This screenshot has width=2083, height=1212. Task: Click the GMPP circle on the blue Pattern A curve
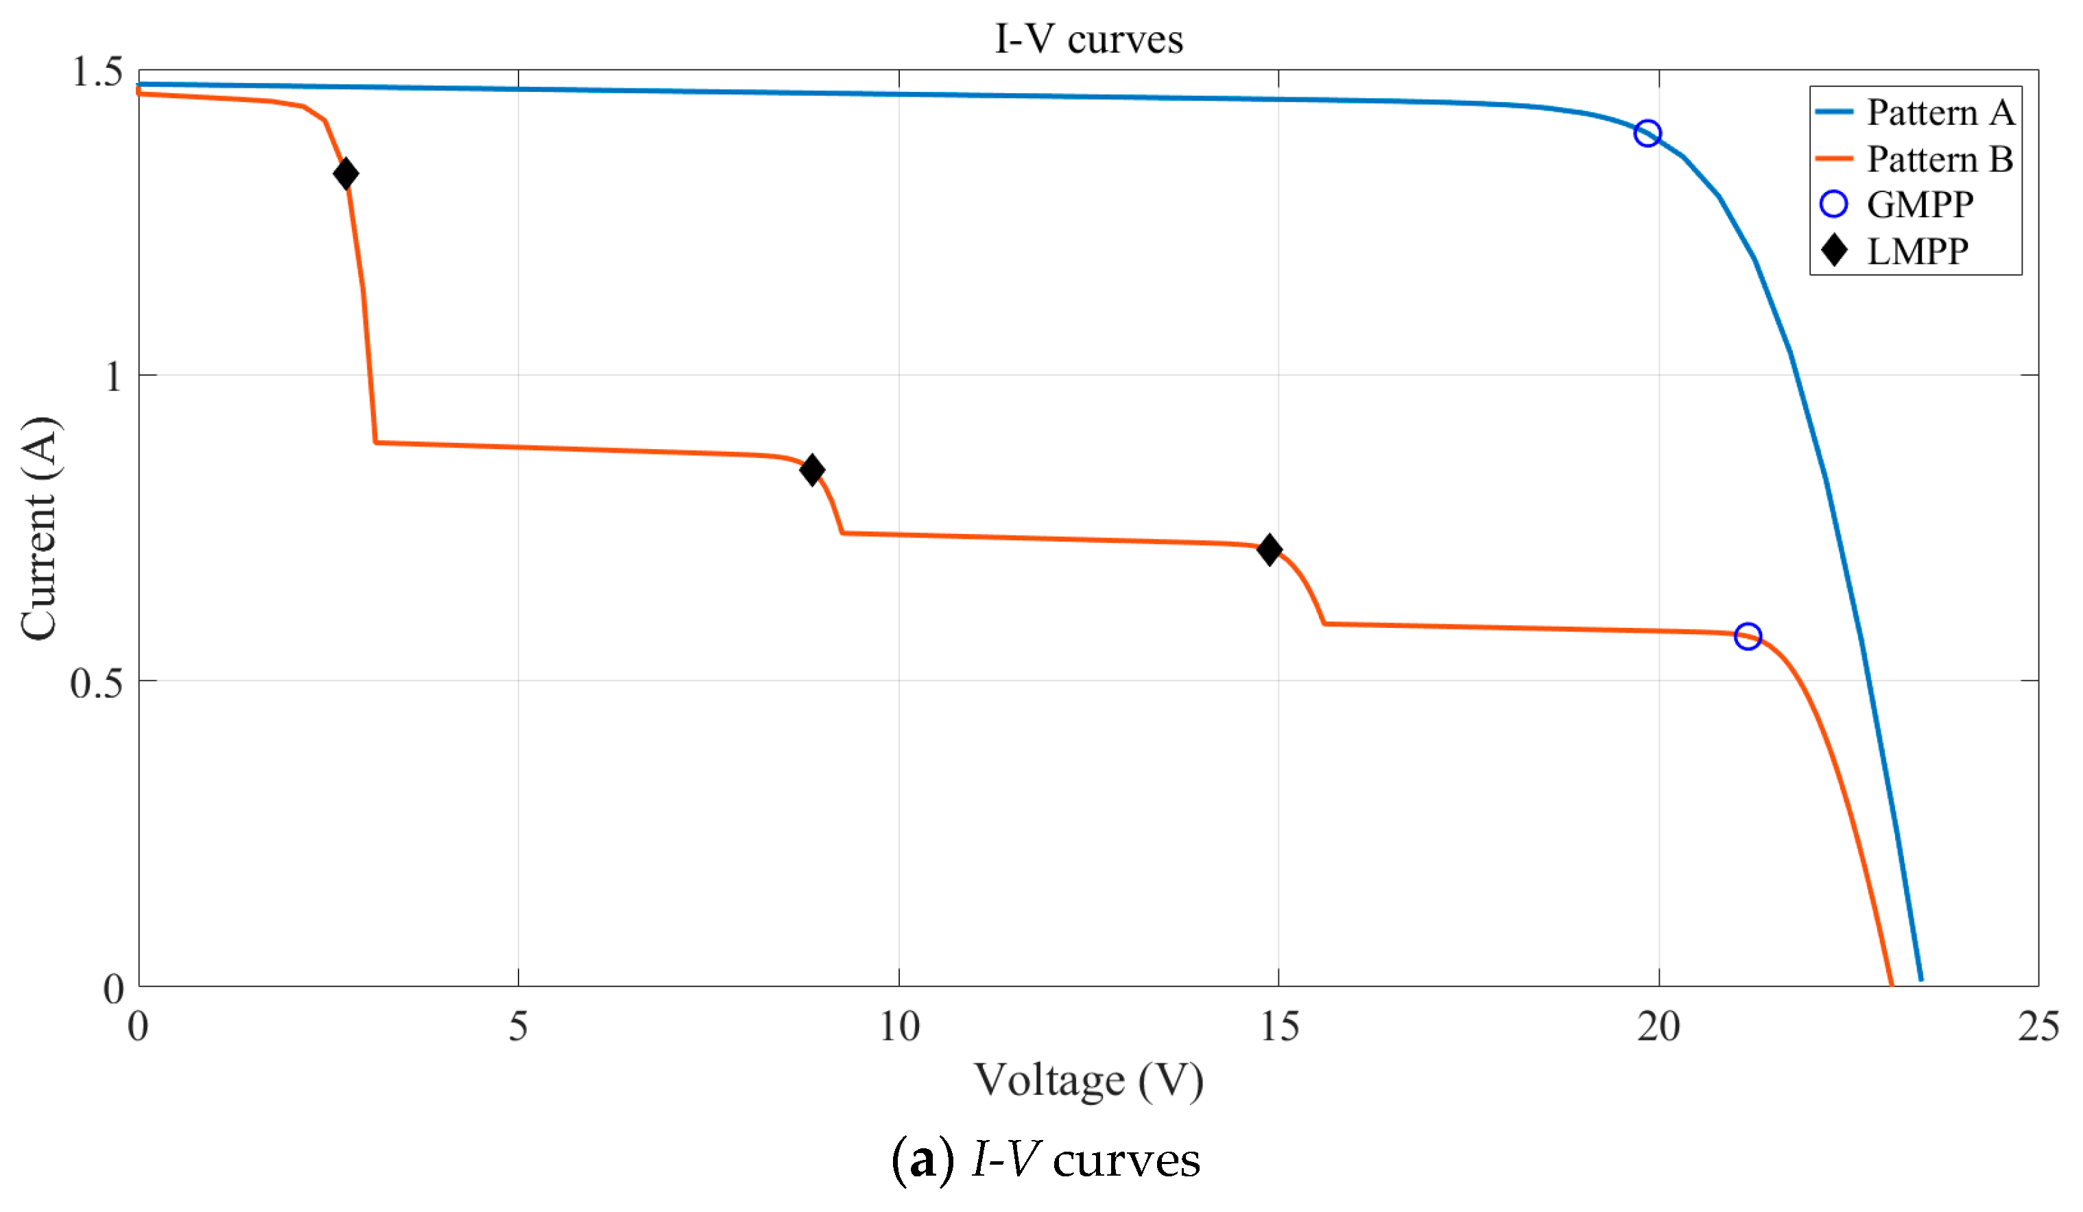point(1647,133)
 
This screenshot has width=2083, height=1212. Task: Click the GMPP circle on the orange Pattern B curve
point(1748,636)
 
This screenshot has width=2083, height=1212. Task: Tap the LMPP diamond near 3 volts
point(346,173)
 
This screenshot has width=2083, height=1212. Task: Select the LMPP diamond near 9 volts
point(811,470)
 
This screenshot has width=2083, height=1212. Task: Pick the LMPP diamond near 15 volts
point(1270,549)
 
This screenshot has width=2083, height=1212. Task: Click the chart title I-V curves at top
point(1088,39)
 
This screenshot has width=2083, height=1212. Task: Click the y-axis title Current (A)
point(40,529)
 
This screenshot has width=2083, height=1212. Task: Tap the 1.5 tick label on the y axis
point(97,71)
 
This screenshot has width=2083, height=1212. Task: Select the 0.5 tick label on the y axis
point(96,682)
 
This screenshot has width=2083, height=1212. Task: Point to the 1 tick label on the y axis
point(114,377)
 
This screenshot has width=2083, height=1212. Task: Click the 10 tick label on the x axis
point(898,1027)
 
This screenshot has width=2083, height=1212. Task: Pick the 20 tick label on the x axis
point(1658,1027)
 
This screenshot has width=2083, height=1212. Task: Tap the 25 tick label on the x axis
point(2038,1027)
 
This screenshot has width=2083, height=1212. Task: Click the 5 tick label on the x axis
point(519,1027)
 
